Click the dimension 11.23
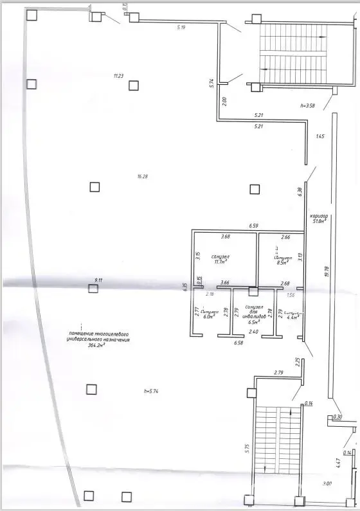pos(118,76)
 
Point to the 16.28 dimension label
pos(133,176)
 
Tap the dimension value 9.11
pos(99,280)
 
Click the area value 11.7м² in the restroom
pos(220,262)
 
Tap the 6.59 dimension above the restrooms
pos(254,226)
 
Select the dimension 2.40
pos(253,332)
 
